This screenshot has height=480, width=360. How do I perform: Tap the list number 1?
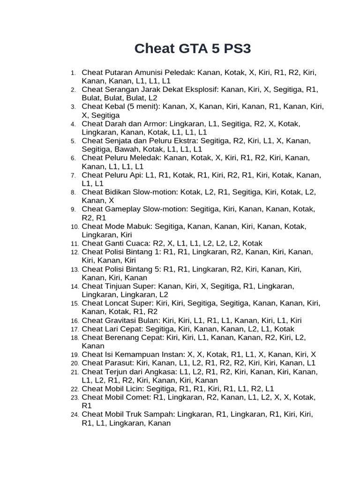pyautogui.click(x=74, y=73)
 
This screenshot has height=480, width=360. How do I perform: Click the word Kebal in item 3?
pyautogui.click(x=114, y=106)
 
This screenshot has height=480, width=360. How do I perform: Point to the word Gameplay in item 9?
pyautogui.click(x=122, y=209)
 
